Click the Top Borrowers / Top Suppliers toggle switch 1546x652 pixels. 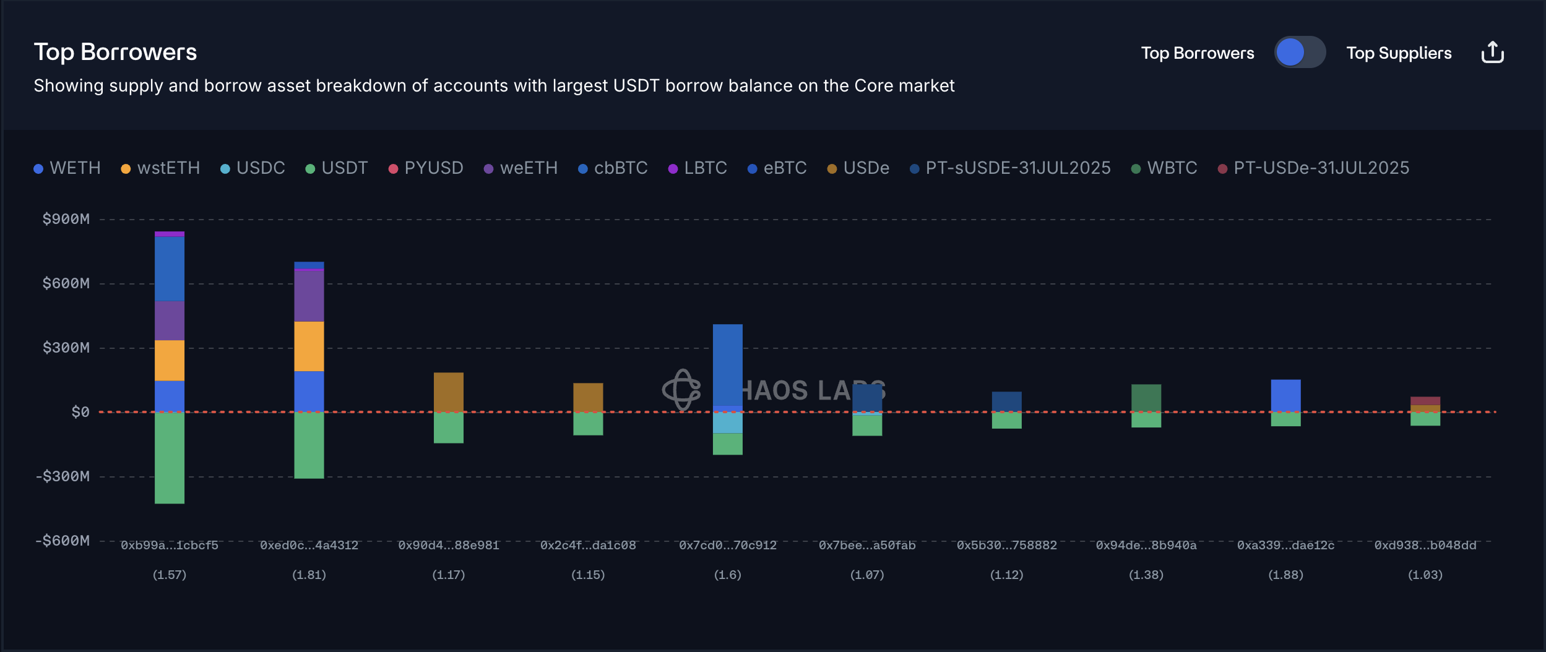[1300, 53]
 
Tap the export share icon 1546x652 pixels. [1492, 53]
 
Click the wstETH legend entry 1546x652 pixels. [160, 168]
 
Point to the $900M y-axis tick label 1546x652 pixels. [66, 219]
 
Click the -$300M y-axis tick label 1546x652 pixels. [63, 476]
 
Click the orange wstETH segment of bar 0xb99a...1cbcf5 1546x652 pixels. [170, 360]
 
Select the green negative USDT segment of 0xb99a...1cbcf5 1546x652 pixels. [170, 458]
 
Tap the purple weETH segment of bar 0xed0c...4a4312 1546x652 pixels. [309, 296]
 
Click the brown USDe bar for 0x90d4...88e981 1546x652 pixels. [449, 392]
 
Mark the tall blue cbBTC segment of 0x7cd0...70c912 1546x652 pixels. [728, 365]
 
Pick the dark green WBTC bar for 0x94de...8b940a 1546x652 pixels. [1146, 398]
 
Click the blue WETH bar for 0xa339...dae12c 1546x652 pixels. [1285, 395]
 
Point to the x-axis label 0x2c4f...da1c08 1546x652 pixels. [588, 545]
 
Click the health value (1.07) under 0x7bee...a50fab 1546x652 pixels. [867, 575]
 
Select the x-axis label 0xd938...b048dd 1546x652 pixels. [1425, 545]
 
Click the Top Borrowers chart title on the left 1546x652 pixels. [115, 52]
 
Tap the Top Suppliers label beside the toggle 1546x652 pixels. [1399, 53]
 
